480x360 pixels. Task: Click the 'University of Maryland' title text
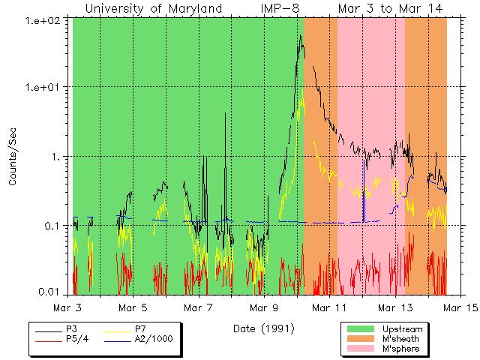coord(154,8)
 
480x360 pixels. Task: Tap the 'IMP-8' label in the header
coord(283,8)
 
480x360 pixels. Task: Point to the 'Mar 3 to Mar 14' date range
coord(389,8)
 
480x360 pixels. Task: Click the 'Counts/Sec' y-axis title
coord(13,156)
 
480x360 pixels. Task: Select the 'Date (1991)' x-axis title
coord(262,328)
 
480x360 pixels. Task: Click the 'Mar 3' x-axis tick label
coord(68,307)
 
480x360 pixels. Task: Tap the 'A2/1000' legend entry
coord(151,340)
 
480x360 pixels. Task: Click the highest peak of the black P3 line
coord(300,35)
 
